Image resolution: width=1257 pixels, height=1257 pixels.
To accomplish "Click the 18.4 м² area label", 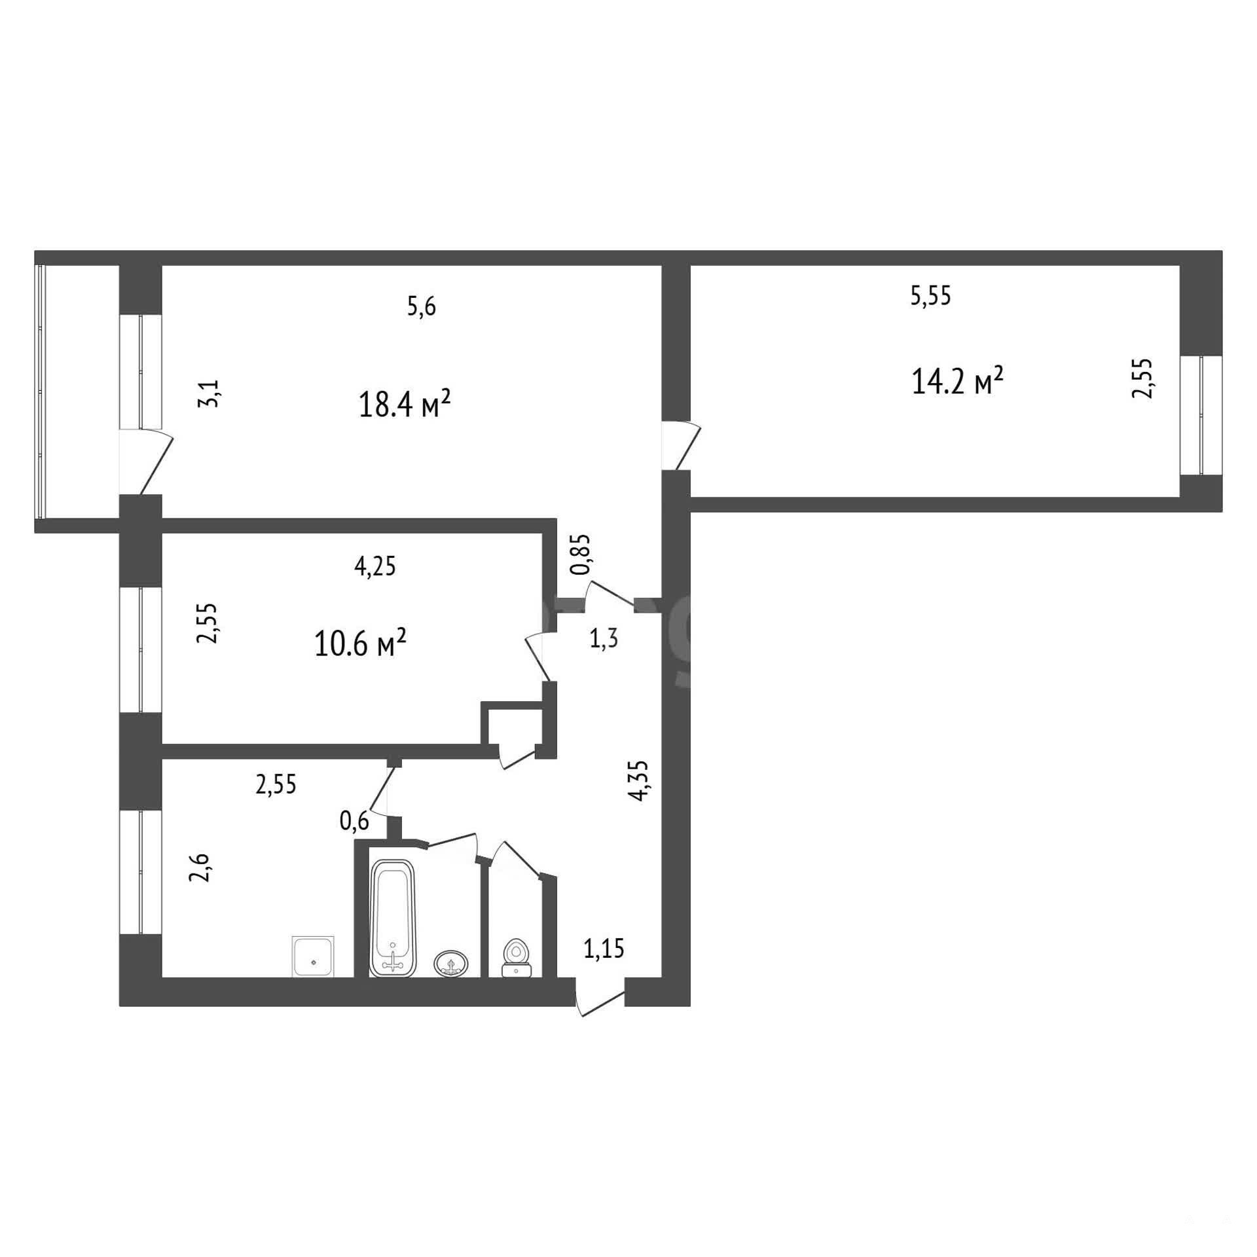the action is pyautogui.click(x=405, y=405).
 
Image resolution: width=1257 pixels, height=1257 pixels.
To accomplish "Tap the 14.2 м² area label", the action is pyautogui.click(x=957, y=381).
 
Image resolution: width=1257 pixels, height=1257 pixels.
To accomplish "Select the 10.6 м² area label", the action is pyautogui.click(x=360, y=644).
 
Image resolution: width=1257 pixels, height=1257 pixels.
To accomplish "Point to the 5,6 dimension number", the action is pyautogui.click(x=421, y=307).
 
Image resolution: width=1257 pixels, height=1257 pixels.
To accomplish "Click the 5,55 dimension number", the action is pyautogui.click(x=930, y=296).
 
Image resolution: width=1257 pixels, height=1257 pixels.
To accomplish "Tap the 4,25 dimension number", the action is pyautogui.click(x=375, y=566).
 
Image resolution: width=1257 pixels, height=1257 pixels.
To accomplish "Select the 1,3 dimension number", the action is pyautogui.click(x=604, y=638).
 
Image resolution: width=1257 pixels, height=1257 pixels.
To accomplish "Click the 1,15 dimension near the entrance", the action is pyautogui.click(x=604, y=948).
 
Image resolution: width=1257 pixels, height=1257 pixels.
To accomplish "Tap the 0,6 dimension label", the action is pyautogui.click(x=354, y=820).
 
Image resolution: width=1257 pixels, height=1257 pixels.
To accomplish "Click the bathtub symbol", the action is pyautogui.click(x=393, y=918).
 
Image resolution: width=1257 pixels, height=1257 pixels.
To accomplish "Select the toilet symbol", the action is pyautogui.click(x=517, y=959).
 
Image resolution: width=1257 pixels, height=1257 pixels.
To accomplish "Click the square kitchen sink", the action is pyautogui.click(x=313, y=957).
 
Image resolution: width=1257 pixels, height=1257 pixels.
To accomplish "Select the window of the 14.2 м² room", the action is pyautogui.click(x=1202, y=415).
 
